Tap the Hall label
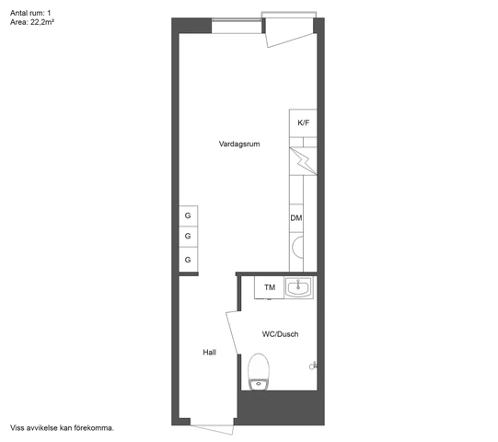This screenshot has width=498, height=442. (210, 353)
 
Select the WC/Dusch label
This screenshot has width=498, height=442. (280, 334)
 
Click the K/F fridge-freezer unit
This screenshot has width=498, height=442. (302, 123)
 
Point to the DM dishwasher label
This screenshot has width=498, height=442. (296, 218)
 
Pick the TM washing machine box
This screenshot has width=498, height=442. (269, 288)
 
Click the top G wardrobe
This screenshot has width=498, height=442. (188, 215)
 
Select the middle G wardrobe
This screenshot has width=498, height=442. (188, 238)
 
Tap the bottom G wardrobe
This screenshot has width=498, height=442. (188, 260)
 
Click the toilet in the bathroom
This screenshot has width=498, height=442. (259, 373)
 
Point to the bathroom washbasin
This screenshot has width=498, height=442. (299, 288)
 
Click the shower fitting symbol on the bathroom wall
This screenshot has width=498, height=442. (314, 366)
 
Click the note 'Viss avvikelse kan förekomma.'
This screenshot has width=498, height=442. (62, 428)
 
